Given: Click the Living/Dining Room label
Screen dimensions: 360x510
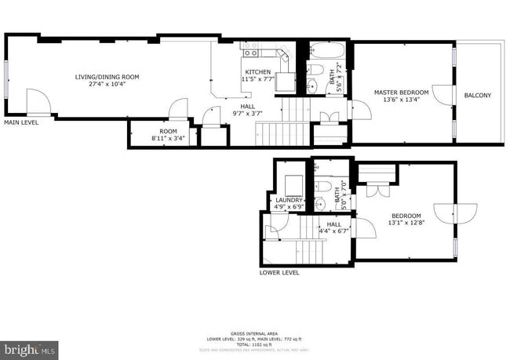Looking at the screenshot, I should pyautogui.click(x=107, y=77).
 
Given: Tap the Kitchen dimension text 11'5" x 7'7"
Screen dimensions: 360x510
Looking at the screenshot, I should pyautogui.click(x=258, y=79).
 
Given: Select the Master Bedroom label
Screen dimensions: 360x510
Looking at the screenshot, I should pyautogui.click(x=401, y=93).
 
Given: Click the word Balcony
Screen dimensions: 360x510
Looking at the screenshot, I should pyautogui.click(x=478, y=96).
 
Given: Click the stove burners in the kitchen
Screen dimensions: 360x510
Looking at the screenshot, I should pyautogui.click(x=251, y=51).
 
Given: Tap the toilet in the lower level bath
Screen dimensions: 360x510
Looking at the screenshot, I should pyautogui.click(x=324, y=187).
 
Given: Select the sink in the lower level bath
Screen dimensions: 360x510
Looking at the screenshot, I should pyautogui.click(x=320, y=204).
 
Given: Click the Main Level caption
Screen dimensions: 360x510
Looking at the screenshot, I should pyautogui.click(x=21, y=123).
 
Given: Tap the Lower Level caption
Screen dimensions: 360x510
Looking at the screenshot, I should pyautogui.click(x=279, y=273).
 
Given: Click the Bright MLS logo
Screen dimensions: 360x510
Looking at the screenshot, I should pyautogui.click(x=30, y=348).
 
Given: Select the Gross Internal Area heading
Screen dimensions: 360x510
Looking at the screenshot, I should pyautogui.click(x=254, y=333).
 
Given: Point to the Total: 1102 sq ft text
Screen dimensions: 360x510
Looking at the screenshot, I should pyautogui.click(x=254, y=344).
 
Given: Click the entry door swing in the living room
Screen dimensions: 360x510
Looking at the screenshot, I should pyautogui.click(x=38, y=102).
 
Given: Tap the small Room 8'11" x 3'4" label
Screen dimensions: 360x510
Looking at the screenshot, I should pyautogui.click(x=168, y=135).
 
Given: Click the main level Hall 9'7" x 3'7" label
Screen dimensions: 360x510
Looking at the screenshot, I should pyautogui.click(x=247, y=109).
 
